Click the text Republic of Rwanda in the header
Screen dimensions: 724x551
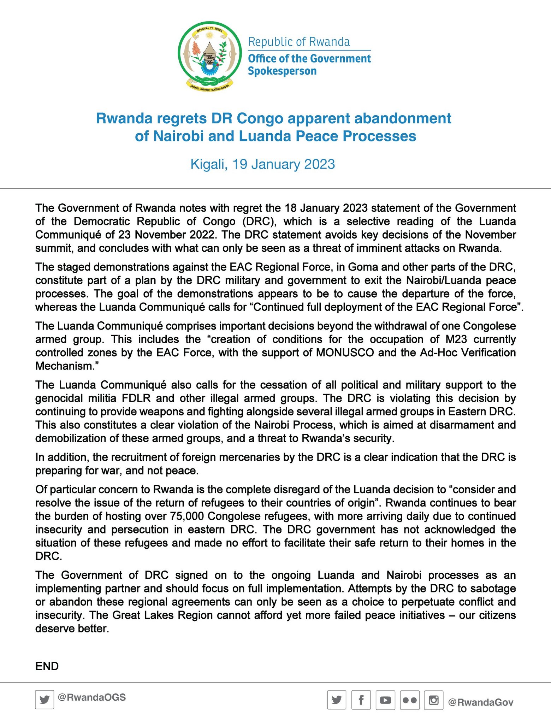click(299, 42)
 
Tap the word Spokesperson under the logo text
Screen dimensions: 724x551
click(282, 71)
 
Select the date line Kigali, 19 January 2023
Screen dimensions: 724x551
click(262, 164)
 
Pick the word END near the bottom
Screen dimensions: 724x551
click(47, 666)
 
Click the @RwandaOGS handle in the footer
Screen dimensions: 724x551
click(91, 697)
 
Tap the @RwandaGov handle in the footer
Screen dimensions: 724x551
click(480, 702)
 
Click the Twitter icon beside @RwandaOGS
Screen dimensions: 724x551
click(45, 700)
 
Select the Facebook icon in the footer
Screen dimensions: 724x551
click(361, 700)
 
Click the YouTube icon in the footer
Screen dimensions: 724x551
click(385, 700)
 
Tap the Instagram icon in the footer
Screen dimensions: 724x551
click(433, 700)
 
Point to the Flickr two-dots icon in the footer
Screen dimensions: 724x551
click(410, 700)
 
